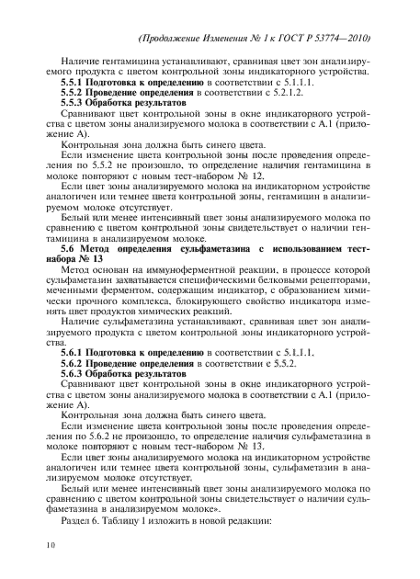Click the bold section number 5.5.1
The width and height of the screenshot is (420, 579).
coord(74,83)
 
